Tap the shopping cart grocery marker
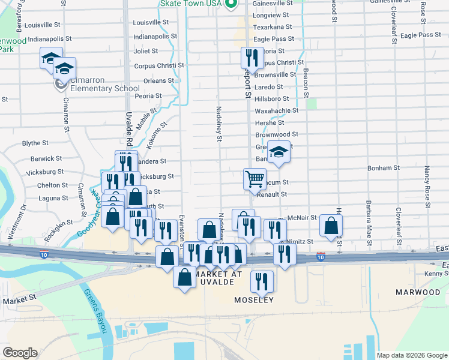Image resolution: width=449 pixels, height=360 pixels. (255, 178)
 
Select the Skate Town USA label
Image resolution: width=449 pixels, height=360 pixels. (191, 4)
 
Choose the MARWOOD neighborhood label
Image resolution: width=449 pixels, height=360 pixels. (418, 292)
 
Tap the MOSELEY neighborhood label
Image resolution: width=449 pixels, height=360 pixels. (255, 299)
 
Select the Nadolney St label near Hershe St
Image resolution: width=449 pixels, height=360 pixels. (219, 124)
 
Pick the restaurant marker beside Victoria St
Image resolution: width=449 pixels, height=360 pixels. (251, 58)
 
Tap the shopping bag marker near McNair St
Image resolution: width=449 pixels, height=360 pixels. (331, 225)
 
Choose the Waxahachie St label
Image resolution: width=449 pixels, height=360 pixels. (277, 110)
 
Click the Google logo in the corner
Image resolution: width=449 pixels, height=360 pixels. (20, 353)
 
